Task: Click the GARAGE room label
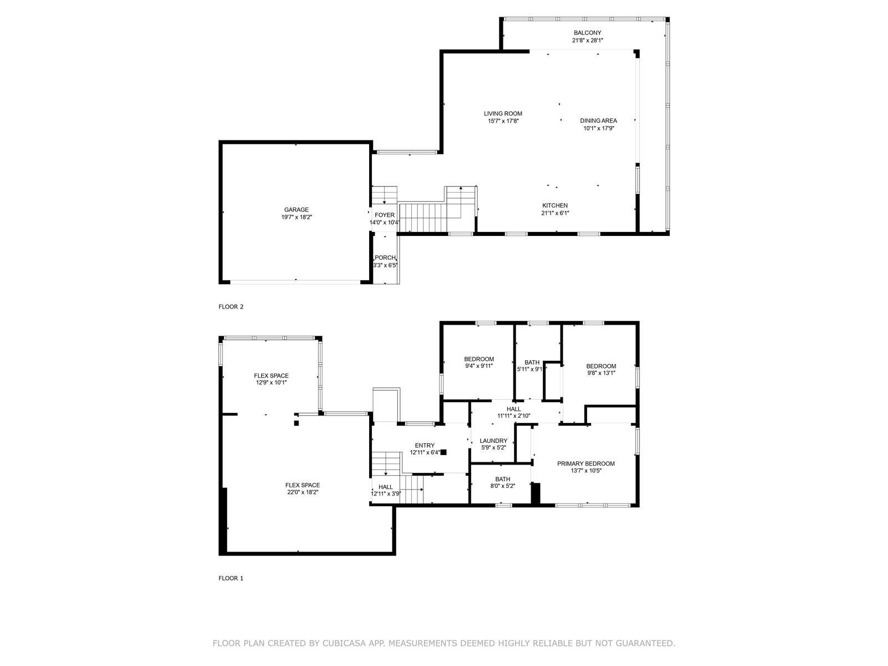click(296, 209)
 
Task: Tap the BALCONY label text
click(587, 33)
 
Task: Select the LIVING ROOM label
click(503, 114)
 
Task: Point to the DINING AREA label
click(598, 120)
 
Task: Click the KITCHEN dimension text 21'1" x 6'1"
click(555, 213)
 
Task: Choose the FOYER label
click(384, 215)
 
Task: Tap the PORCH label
click(385, 258)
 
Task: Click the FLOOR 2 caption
click(231, 306)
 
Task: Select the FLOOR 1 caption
click(231, 578)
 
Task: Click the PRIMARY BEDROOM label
click(586, 463)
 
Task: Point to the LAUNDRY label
click(493, 441)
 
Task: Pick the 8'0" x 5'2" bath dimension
click(502, 486)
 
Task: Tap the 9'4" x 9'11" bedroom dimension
click(479, 366)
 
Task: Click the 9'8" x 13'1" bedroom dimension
click(601, 373)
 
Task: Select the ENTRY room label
click(425, 445)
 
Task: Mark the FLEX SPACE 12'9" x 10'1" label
click(271, 379)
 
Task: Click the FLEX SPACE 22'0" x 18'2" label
click(302, 488)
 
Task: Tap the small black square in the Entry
click(443, 452)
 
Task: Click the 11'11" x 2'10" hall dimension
click(513, 416)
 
